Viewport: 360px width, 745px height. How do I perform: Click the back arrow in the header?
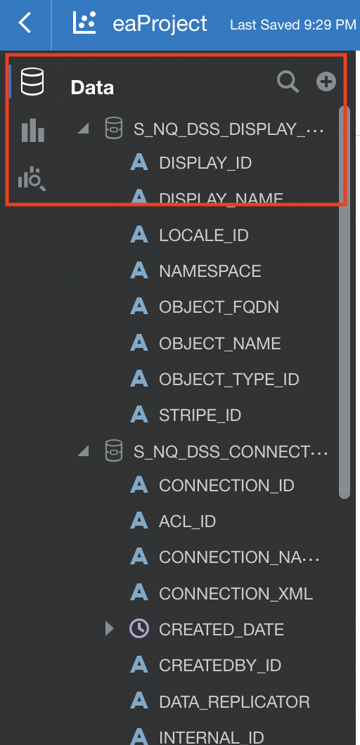(x=24, y=22)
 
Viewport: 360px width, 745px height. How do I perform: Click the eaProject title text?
(x=160, y=23)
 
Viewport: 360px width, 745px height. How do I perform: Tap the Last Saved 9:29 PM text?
(x=293, y=24)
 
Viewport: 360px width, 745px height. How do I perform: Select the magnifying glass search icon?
(x=288, y=82)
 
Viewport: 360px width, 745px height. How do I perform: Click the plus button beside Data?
(x=326, y=82)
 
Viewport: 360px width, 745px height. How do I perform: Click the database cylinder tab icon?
(x=32, y=82)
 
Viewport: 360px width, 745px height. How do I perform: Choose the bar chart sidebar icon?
(x=33, y=130)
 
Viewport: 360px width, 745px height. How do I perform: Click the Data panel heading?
(x=92, y=87)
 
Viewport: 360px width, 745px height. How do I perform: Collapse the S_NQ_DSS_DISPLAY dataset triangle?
(x=84, y=129)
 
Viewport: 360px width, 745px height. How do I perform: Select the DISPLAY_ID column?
(x=205, y=163)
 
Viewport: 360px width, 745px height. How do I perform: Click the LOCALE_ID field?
(x=203, y=235)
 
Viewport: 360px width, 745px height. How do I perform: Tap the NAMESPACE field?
(x=210, y=271)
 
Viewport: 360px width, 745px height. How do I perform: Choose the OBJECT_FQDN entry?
(x=219, y=307)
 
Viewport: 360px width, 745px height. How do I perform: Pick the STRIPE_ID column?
(x=200, y=415)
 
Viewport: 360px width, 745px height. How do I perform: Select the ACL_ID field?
(x=187, y=521)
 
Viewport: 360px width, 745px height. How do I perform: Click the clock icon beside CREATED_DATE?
(x=139, y=628)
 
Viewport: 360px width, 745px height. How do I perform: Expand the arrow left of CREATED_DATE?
(x=110, y=629)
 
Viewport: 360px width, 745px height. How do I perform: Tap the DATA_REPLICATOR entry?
(x=234, y=701)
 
